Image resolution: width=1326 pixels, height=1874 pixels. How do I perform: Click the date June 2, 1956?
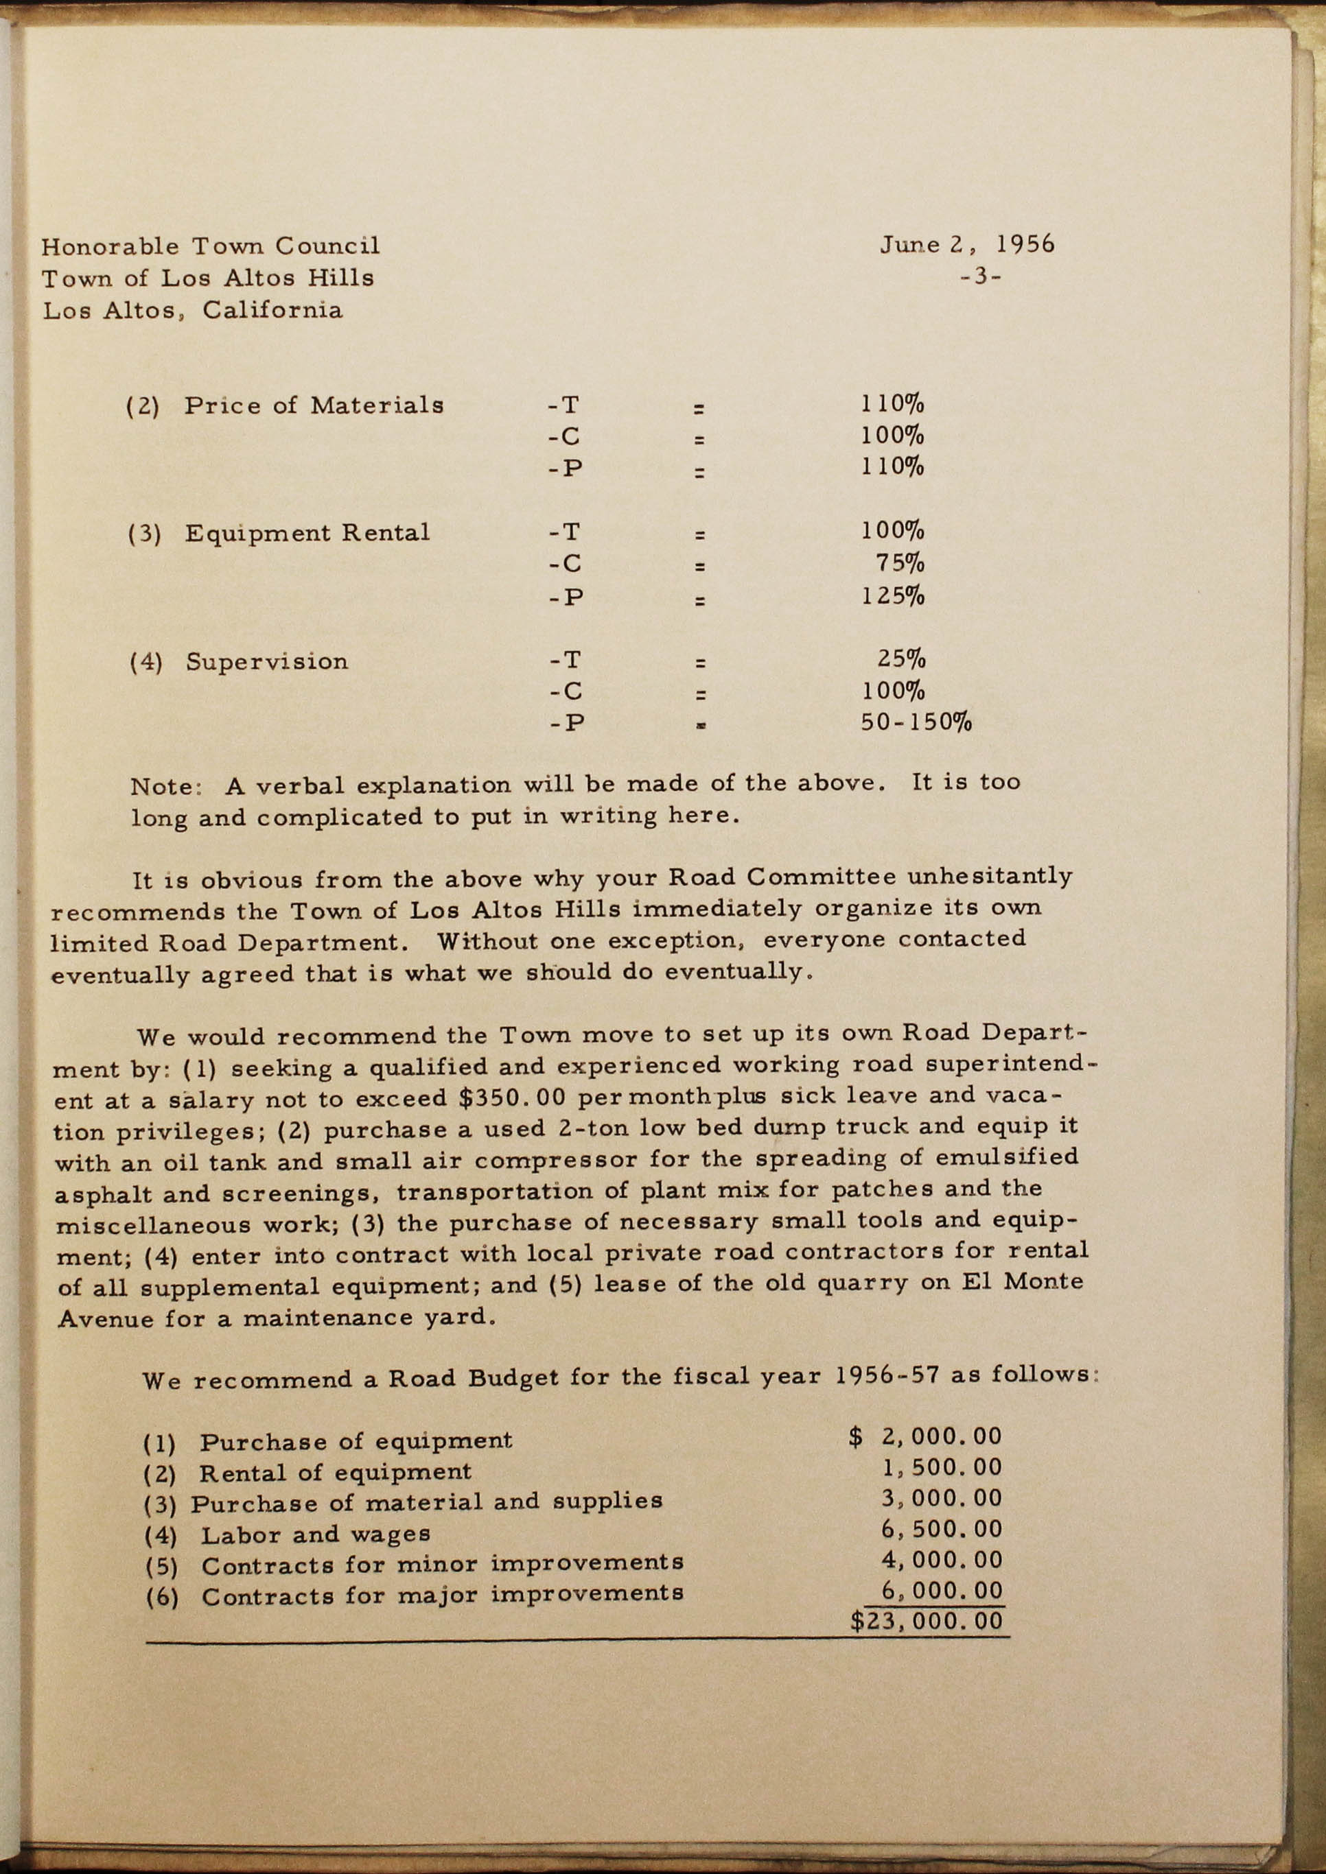point(967,245)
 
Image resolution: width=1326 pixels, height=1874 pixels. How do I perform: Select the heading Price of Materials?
point(314,405)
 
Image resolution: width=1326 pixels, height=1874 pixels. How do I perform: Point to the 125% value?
point(892,596)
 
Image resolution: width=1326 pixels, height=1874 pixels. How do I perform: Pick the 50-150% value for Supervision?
point(916,722)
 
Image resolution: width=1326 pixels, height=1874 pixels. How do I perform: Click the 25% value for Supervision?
point(900,659)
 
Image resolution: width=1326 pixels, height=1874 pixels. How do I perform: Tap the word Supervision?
point(267,661)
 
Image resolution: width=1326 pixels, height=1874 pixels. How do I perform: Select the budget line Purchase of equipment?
point(356,1441)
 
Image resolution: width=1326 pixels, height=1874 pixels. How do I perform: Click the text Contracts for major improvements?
point(442,1594)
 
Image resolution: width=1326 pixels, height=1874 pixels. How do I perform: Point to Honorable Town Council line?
point(211,246)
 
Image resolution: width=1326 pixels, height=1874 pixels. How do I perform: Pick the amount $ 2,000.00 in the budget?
point(925,1436)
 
